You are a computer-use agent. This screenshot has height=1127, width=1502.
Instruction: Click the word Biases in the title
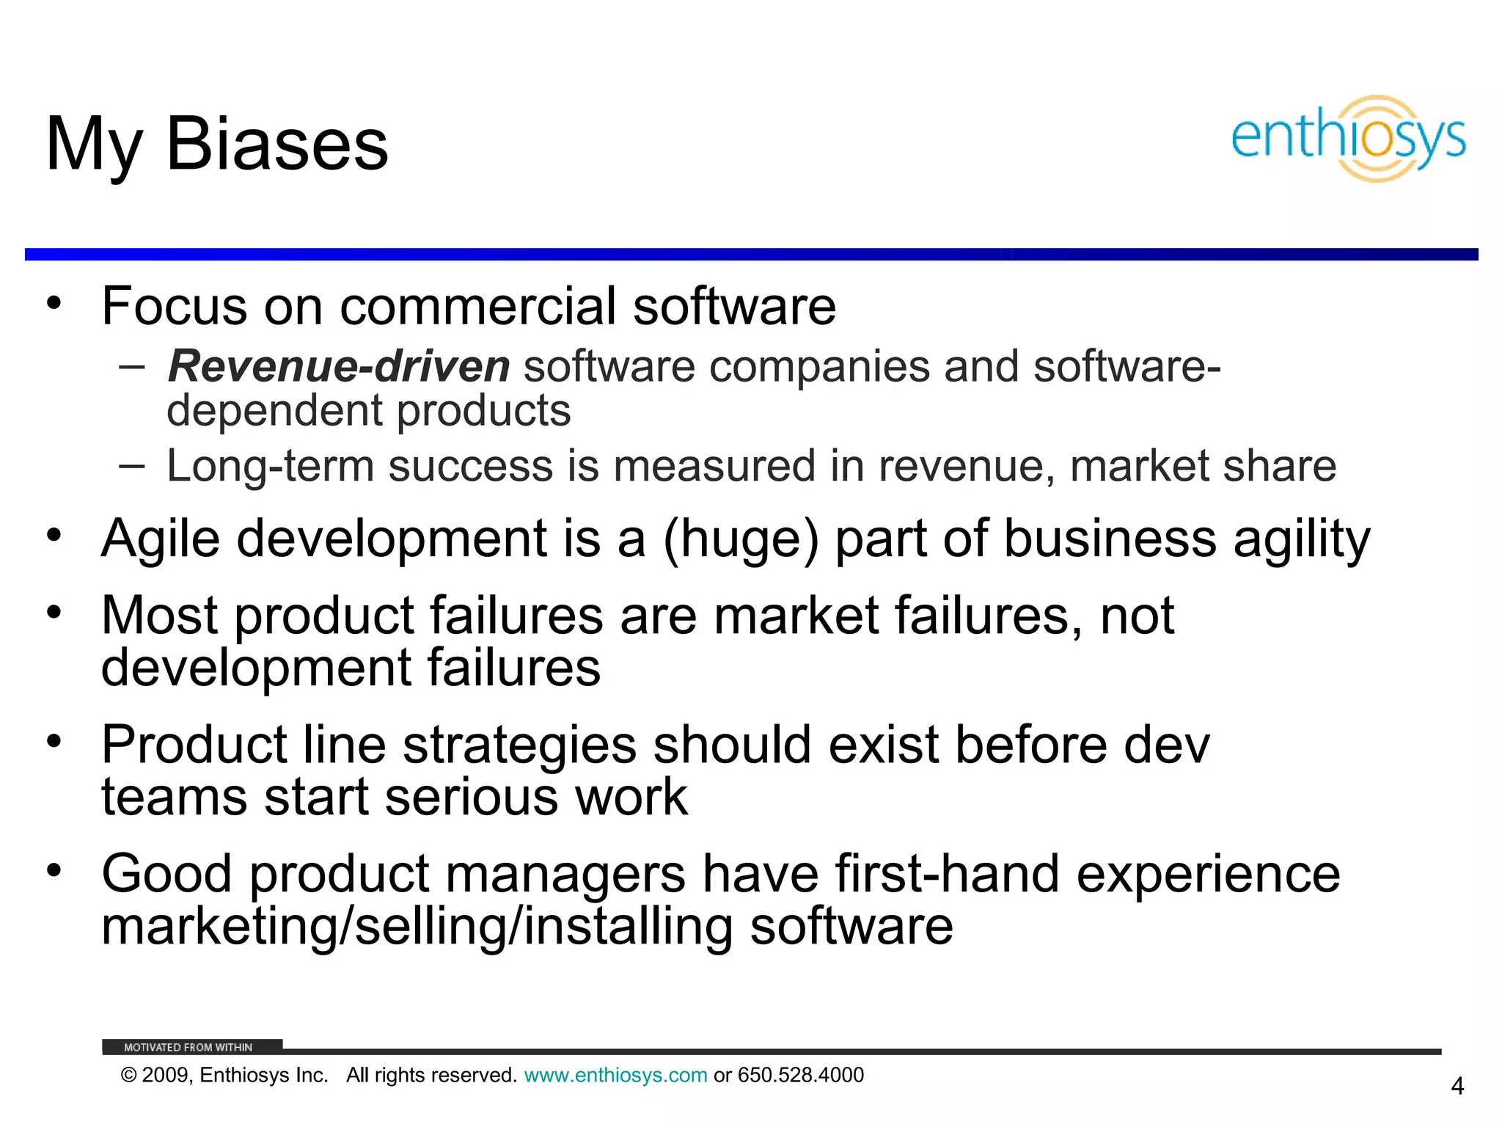277,145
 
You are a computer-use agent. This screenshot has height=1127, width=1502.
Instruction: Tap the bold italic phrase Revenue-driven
339,366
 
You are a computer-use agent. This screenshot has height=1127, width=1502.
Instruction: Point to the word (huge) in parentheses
741,539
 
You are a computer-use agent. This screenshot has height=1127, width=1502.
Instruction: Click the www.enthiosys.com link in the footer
615,1076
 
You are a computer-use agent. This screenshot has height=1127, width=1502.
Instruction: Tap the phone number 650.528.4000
801,1076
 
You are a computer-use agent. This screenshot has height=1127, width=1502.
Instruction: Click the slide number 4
1457,1086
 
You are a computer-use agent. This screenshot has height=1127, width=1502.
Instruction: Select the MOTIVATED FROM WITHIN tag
188,1047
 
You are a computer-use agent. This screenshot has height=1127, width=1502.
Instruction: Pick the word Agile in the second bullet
161,539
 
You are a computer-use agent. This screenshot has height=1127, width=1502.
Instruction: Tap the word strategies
519,745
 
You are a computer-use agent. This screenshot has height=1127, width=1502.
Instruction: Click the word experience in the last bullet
1208,874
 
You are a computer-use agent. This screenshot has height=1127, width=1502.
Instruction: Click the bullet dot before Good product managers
54,870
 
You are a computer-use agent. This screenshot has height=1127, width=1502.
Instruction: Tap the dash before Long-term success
131,465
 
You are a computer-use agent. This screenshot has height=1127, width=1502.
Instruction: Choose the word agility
1301,539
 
